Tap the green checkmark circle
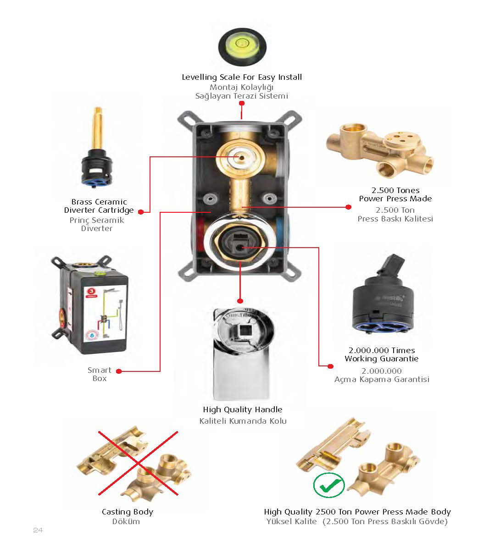pos(329,485)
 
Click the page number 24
pos(38,530)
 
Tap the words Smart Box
pos(100,374)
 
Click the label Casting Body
pos(127,512)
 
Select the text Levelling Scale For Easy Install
pos(242,77)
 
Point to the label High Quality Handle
pos(243,409)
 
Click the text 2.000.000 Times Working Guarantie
pos(382,354)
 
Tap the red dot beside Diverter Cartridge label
pos(141,211)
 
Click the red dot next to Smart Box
pos(118,371)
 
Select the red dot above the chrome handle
pos(240,300)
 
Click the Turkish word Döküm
pos(126,521)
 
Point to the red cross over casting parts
pos(138,463)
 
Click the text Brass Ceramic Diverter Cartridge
pos(99,206)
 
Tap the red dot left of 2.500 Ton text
pos(348,207)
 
